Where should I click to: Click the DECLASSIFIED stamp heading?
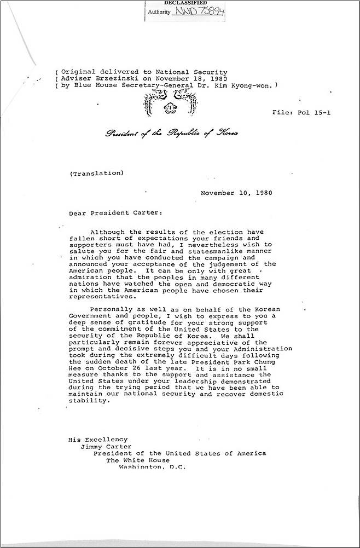click(182, 3)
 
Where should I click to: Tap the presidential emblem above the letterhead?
click(170, 103)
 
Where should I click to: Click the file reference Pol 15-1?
click(302, 112)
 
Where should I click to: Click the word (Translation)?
click(97, 174)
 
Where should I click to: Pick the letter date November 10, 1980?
click(236, 193)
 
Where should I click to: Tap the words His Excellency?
click(98, 439)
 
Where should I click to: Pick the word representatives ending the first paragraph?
click(102, 297)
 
